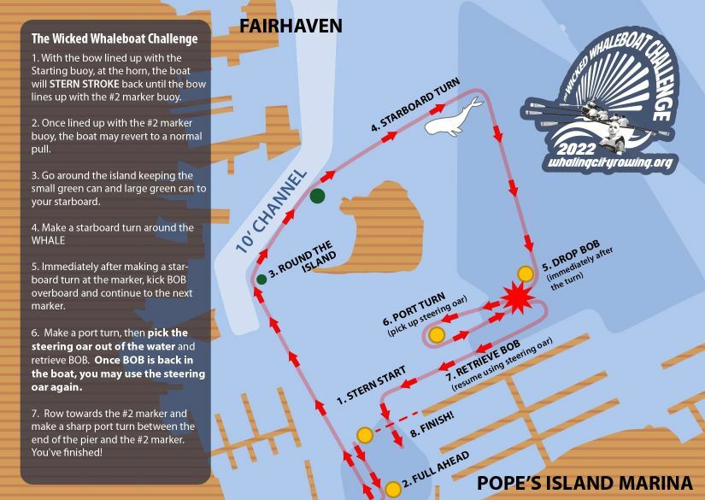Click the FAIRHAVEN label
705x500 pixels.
(291, 26)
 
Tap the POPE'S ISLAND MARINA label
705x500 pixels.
(585, 480)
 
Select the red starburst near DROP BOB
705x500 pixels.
(516, 300)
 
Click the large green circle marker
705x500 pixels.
(318, 197)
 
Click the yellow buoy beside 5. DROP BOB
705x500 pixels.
(526, 274)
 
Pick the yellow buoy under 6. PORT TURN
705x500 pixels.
(437, 334)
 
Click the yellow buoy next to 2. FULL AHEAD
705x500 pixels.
(392, 490)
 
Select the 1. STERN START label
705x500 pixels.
(370, 385)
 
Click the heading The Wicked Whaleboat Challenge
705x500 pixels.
(114, 38)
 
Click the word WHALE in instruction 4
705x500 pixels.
(50, 241)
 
